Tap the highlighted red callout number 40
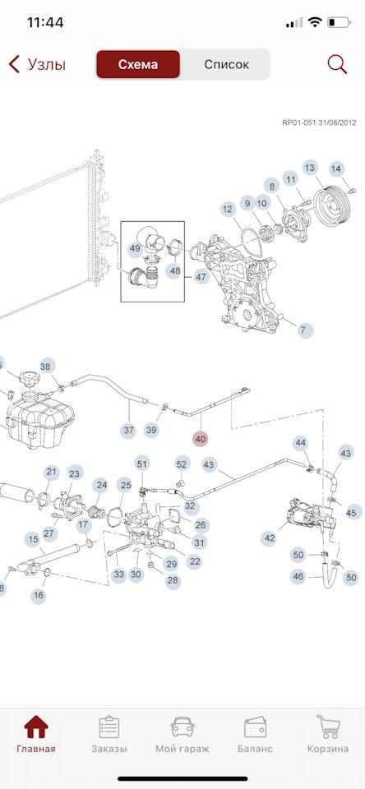(201, 439)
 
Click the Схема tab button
(138, 64)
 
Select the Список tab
(227, 64)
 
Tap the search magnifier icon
(337, 64)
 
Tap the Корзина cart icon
(328, 727)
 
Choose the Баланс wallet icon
(255, 727)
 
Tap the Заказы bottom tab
(109, 735)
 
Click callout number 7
(303, 330)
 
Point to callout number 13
(310, 168)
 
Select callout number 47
(201, 277)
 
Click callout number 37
(129, 430)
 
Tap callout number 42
(270, 538)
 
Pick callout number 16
(39, 596)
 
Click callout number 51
(142, 464)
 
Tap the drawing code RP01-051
(298, 122)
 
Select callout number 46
(299, 577)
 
